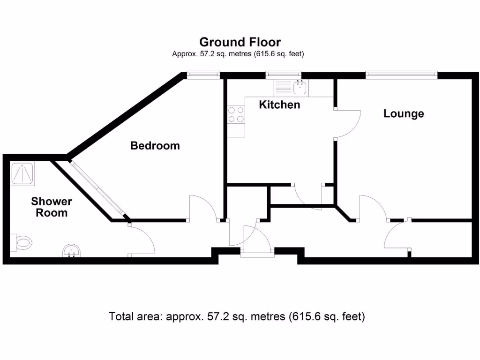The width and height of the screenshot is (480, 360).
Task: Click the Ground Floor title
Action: point(240,42)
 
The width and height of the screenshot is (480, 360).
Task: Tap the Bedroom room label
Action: point(155,146)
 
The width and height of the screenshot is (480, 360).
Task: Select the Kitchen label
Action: point(279,105)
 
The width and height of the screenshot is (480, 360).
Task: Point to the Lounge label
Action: point(404,113)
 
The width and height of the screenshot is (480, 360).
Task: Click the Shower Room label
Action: point(52,207)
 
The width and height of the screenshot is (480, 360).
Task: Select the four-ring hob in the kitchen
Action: point(236,114)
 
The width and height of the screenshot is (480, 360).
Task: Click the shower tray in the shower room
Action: point(22,174)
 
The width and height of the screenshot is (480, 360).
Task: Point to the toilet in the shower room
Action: point(21,243)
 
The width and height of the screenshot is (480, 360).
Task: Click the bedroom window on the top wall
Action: point(203,74)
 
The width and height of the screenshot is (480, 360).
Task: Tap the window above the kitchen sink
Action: point(283,74)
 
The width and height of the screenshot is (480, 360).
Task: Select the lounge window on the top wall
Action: point(401,74)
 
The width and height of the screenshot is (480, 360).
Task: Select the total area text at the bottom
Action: point(237,316)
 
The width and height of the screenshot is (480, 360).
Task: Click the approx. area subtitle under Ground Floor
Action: point(238,54)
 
